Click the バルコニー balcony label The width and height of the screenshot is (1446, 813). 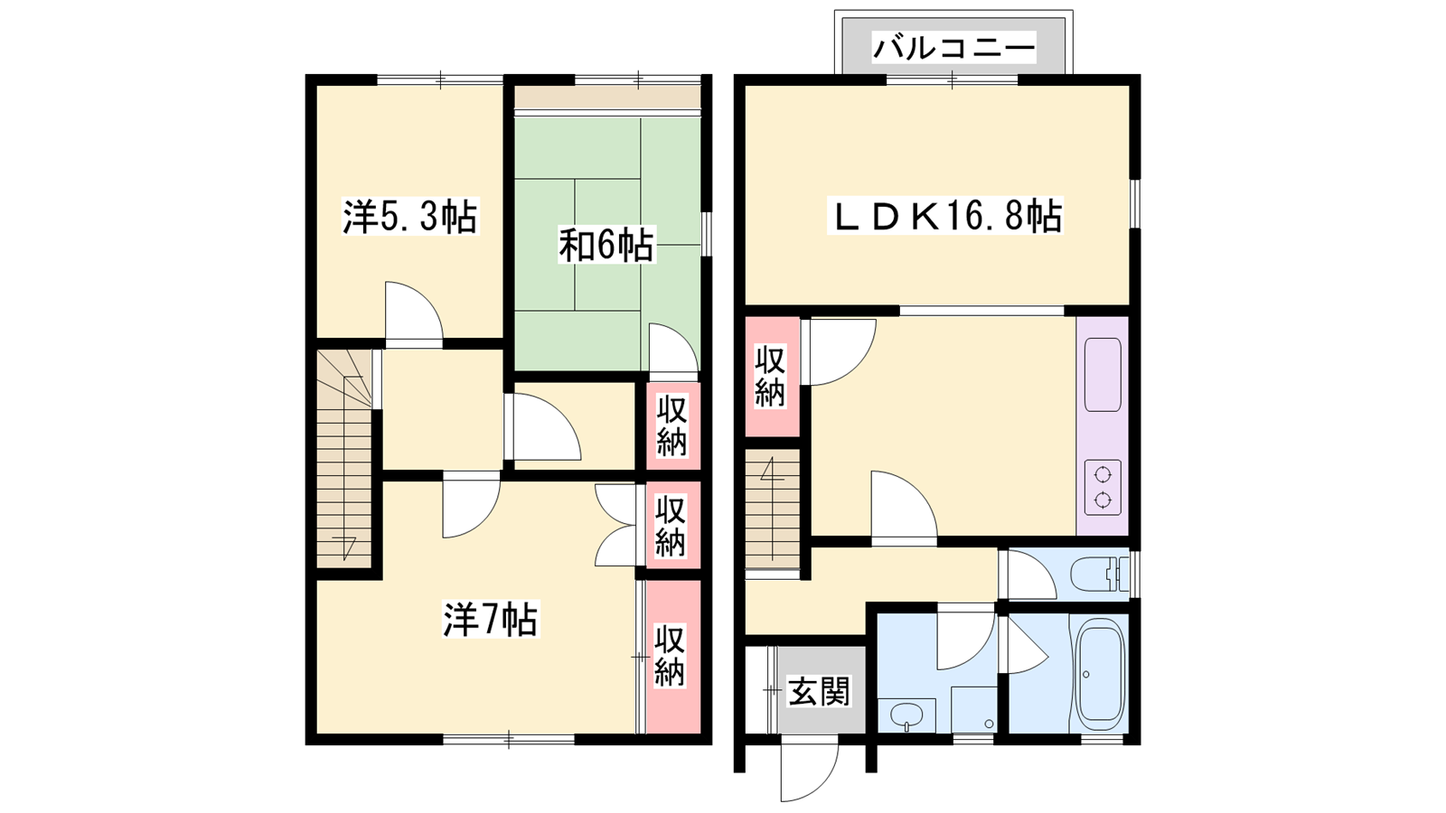click(x=953, y=49)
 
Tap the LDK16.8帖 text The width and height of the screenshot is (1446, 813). click(x=945, y=216)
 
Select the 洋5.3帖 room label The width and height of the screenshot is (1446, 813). click(x=410, y=217)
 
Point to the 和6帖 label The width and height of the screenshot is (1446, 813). click(x=606, y=245)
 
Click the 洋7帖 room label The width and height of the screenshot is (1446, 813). click(x=491, y=620)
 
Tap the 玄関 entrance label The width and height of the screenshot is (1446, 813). click(x=819, y=691)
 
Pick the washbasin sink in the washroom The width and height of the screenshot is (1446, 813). click(x=907, y=715)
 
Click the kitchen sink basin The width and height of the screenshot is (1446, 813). click(x=1103, y=374)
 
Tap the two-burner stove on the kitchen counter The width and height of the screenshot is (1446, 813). click(x=1103, y=487)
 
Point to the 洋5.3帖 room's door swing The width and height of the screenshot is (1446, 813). click(x=414, y=311)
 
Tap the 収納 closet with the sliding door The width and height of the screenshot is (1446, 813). click(x=672, y=656)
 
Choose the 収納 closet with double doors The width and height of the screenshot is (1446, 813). click(x=672, y=525)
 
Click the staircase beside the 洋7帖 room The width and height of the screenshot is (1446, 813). click(x=344, y=459)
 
